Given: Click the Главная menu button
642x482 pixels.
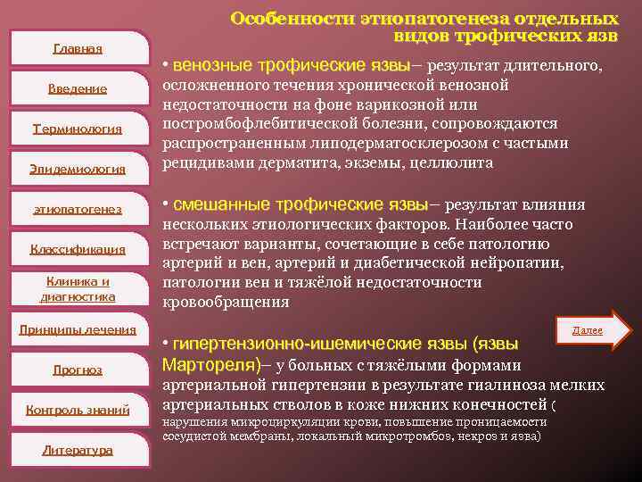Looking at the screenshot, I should (78, 48).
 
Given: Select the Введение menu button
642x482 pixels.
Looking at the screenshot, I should (78, 88).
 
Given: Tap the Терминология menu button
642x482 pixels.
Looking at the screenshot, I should (78, 129).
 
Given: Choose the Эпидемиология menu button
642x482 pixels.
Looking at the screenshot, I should (78, 169).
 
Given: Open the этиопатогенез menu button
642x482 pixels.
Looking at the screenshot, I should (78, 209).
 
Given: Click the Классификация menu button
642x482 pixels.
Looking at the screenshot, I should (78, 249).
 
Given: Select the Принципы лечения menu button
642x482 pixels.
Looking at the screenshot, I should (78, 329).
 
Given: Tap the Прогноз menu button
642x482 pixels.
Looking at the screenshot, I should (78, 370).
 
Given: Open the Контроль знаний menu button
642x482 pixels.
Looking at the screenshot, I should (78, 410).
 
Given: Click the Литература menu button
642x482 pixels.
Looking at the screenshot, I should (78, 450).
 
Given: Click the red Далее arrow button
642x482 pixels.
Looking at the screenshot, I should (591, 330).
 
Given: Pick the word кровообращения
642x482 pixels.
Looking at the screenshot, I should (226, 302).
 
